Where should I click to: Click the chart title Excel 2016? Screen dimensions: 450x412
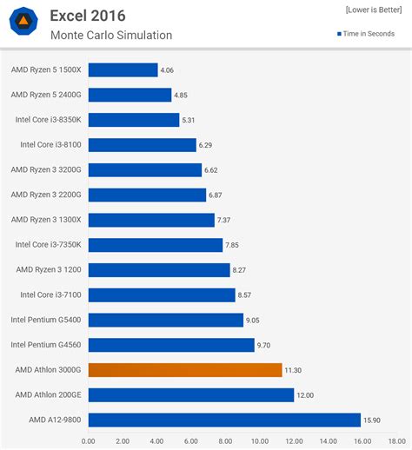point(87,16)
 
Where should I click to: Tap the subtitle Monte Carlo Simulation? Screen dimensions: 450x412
point(110,36)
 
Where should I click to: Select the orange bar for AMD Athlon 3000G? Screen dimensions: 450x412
point(185,370)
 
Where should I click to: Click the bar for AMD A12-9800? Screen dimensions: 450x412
point(224,420)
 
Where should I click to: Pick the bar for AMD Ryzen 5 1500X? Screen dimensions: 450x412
point(123,69)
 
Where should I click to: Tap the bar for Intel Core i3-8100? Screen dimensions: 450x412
point(142,145)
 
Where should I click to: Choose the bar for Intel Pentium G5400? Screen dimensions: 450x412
point(165,321)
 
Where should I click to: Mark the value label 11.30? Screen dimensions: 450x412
point(296,370)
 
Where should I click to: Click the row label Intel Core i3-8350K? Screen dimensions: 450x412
point(49,120)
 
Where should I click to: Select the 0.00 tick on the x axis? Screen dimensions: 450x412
point(89,440)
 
